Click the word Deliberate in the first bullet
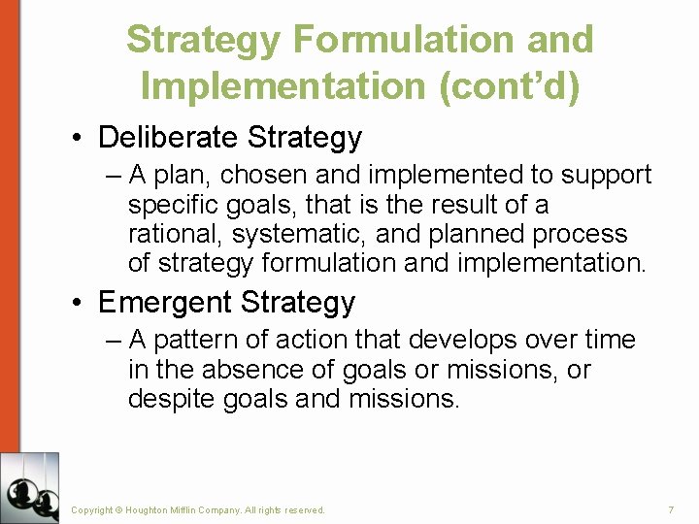click(x=168, y=137)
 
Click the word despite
click(x=172, y=399)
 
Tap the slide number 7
click(x=670, y=509)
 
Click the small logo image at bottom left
click(x=29, y=488)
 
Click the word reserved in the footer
click(x=304, y=509)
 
